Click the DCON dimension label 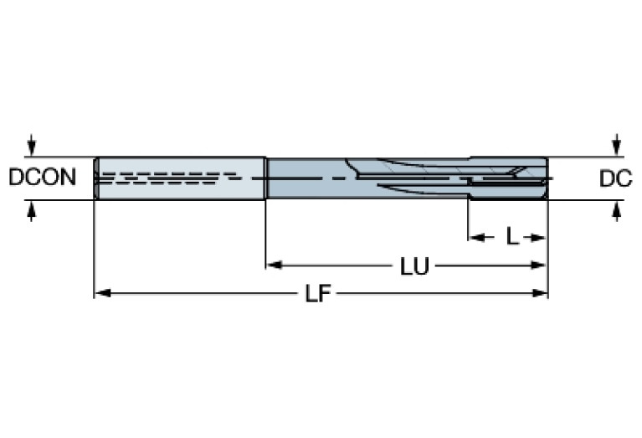pos(42,178)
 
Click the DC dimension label pos(615,178)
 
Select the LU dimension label pos(413,266)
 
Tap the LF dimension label pos(316,294)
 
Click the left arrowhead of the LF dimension pos(100,294)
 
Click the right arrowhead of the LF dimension pos(542,294)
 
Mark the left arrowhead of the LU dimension pos(273,266)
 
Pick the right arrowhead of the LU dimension pos(542,266)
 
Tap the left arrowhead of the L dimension pos(474,238)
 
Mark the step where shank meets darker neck pos(266,178)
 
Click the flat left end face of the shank pos(95,178)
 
